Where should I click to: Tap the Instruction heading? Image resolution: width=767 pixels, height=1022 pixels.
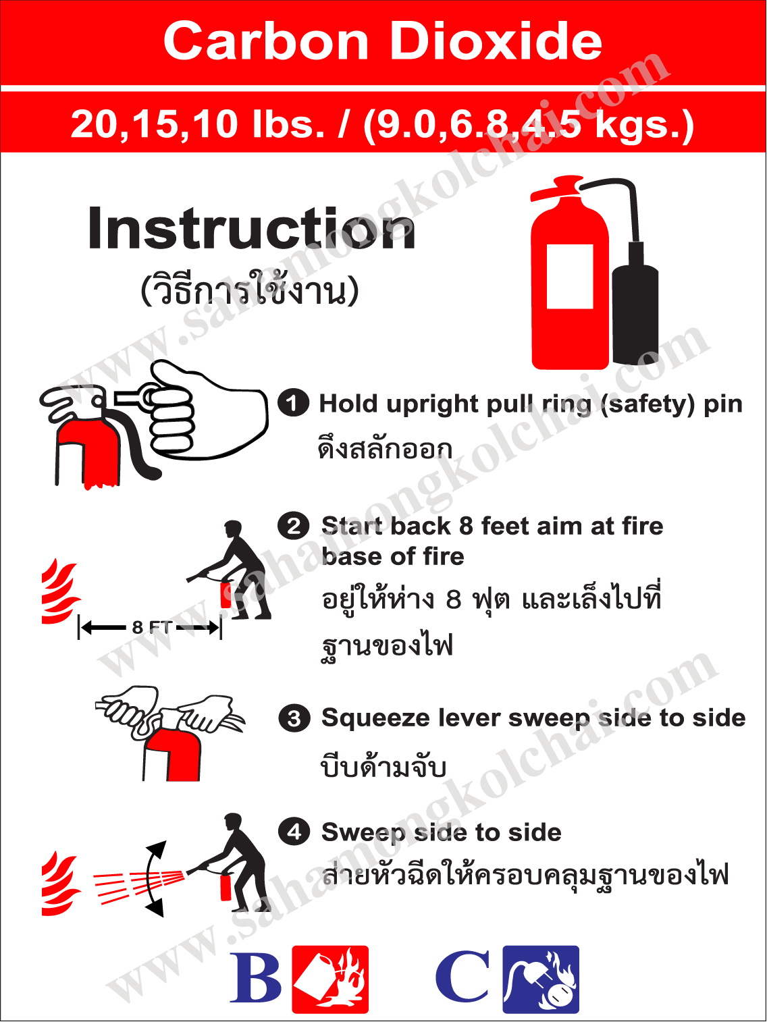click(x=251, y=229)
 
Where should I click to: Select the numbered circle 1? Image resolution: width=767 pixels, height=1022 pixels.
click(x=294, y=403)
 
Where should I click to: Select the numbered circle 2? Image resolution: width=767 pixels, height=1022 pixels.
click(x=294, y=526)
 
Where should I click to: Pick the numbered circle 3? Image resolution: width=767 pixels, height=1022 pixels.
click(x=294, y=718)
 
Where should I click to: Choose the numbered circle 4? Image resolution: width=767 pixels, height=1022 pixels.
click(x=294, y=832)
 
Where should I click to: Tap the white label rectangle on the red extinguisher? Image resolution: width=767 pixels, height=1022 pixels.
click(x=570, y=277)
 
